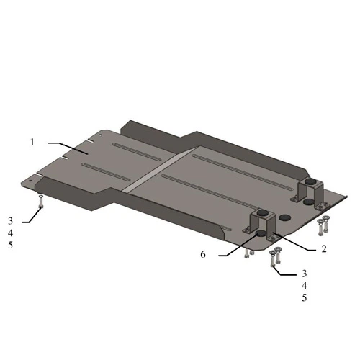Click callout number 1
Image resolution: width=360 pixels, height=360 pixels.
[x=32, y=143]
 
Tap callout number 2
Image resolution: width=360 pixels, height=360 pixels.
[x=324, y=249]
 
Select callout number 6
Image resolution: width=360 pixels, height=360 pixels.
[x=203, y=254]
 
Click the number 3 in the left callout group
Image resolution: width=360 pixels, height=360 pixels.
[x=10, y=221]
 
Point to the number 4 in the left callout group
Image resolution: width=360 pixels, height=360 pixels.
[x=10, y=233]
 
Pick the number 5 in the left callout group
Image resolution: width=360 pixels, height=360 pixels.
[x=10, y=245]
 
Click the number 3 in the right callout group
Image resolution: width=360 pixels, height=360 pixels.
[x=305, y=274]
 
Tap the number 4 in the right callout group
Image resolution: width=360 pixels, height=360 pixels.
[x=305, y=286]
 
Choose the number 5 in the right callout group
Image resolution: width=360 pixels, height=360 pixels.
[x=305, y=298]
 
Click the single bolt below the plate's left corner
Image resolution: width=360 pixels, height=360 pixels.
[x=41, y=202]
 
